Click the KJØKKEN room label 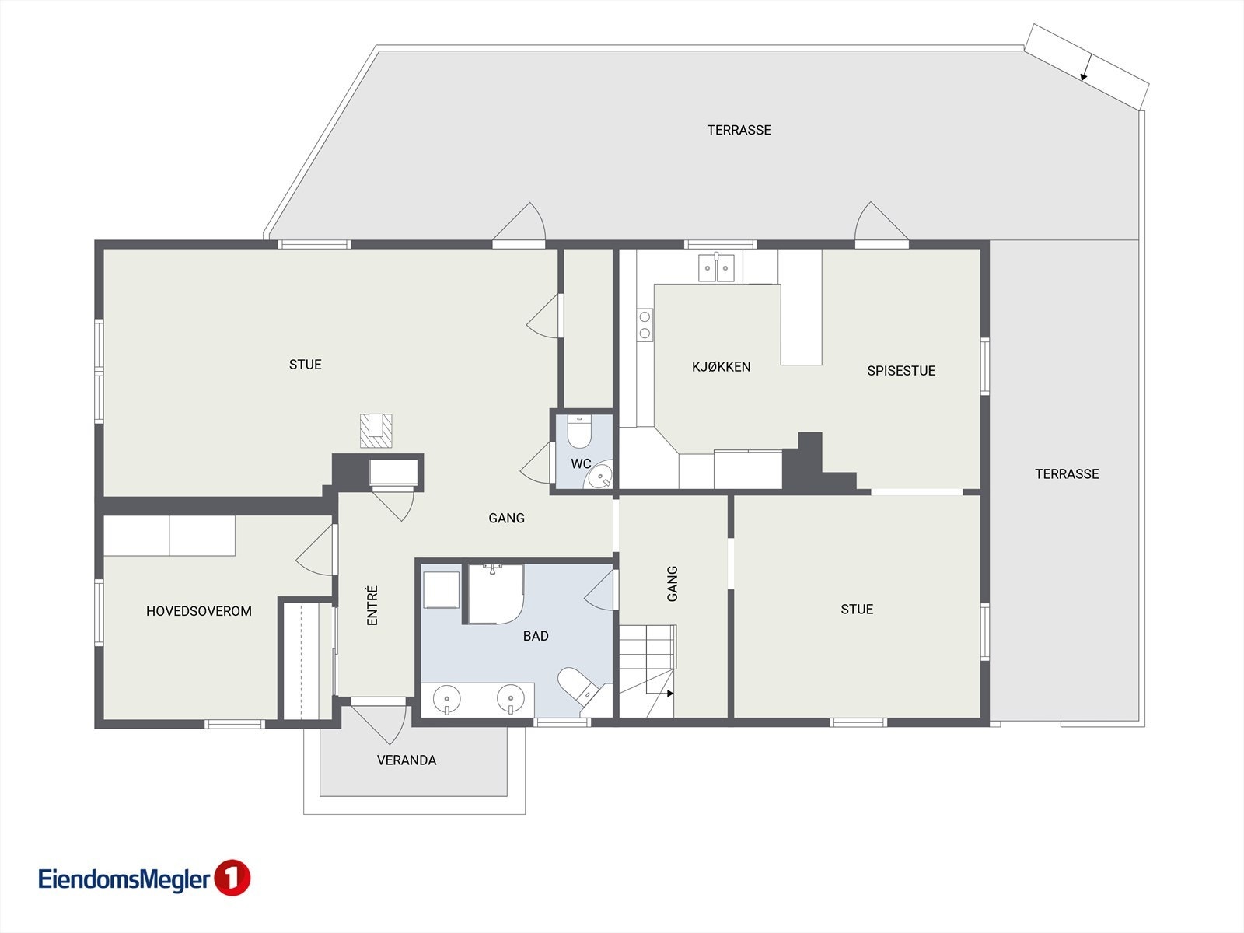(x=721, y=367)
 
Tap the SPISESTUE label (x=900, y=371)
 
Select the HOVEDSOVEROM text (x=199, y=611)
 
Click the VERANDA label (x=407, y=760)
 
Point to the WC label (x=581, y=464)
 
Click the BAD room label (x=536, y=636)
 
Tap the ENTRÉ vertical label (x=372, y=606)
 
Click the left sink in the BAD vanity (x=447, y=697)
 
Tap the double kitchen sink (x=716, y=268)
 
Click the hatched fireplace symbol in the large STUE (x=376, y=431)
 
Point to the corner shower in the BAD (x=495, y=594)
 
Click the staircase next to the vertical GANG (x=647, y=671)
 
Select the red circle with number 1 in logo (x=232, y=879)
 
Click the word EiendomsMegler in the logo (x=124, y=879)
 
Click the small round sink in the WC (x=599, y=476)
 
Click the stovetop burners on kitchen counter (x=645, y=324)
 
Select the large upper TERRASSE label (x=739, y=130)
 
